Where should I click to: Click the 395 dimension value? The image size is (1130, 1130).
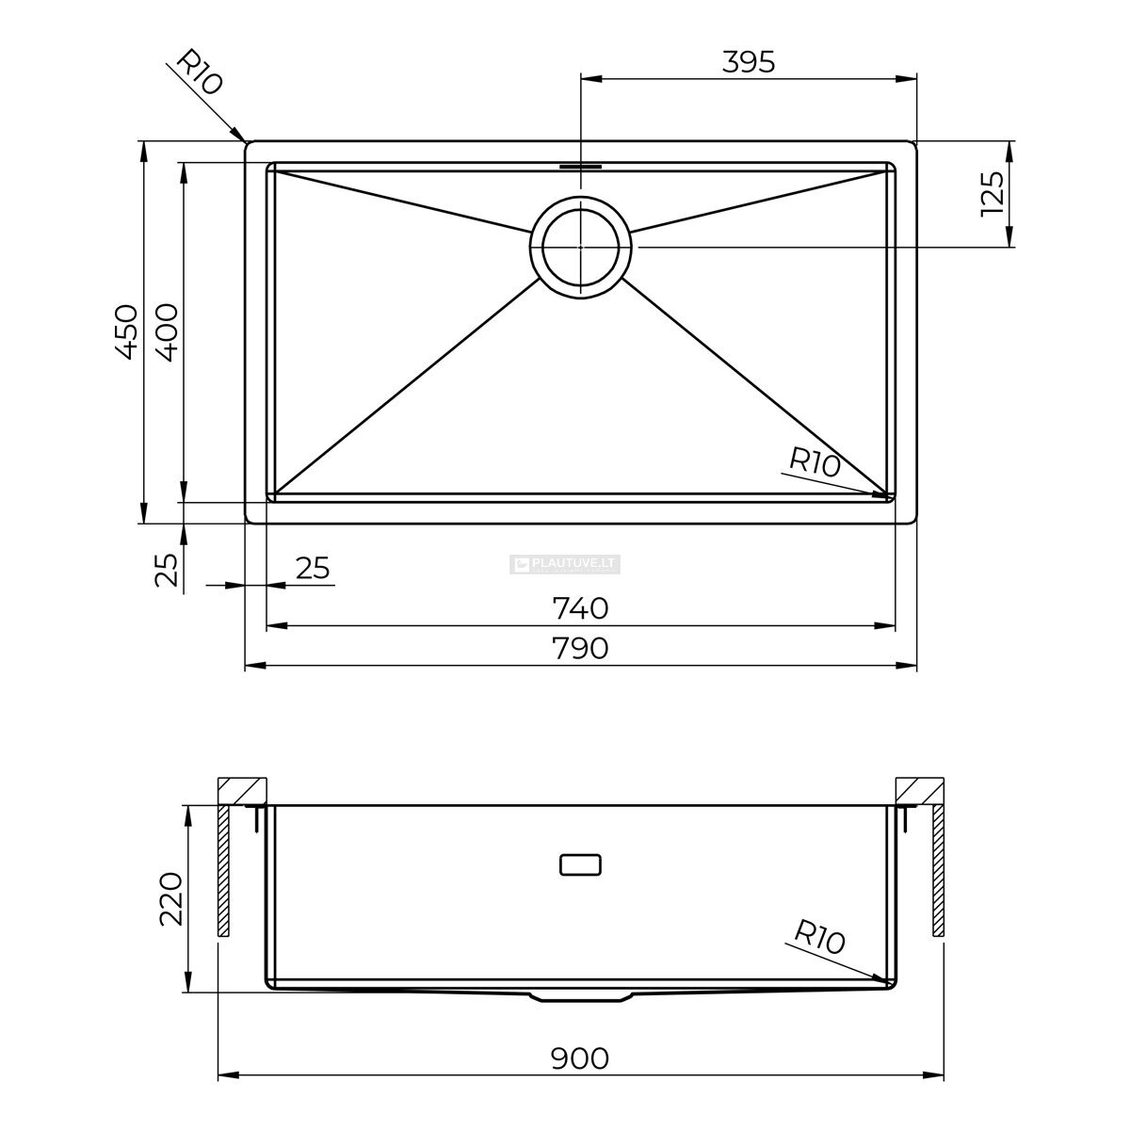pyautogui.click(x=749, y=61)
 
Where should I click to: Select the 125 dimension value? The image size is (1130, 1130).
pyautogui.click(x=993, y=194)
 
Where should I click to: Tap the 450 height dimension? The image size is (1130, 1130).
pyautogui.click(x=127, y=331)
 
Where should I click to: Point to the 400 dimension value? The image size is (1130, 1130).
pyautogui.click(x=166, y=331)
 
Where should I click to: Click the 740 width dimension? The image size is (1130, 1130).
pyautogui.click(x=581, y=608)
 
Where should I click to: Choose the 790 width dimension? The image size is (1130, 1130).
pyautogui.click(x=581, y=648)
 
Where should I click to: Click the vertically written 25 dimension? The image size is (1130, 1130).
pyautogui.click(x=166, y=570)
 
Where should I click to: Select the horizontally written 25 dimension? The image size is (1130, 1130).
pyautogui.click(x=313, y=568)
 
